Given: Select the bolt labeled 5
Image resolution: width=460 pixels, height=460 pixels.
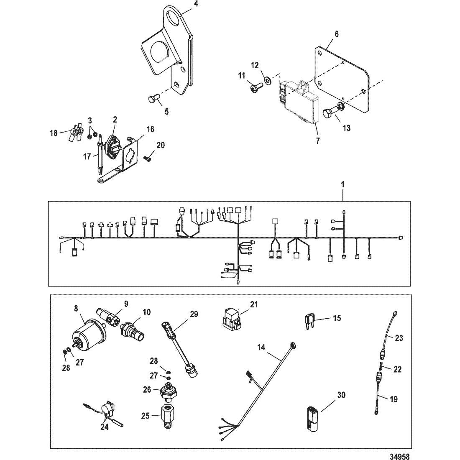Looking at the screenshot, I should (153, 100).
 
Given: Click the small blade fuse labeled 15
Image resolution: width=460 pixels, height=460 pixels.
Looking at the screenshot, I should (309, 321).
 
